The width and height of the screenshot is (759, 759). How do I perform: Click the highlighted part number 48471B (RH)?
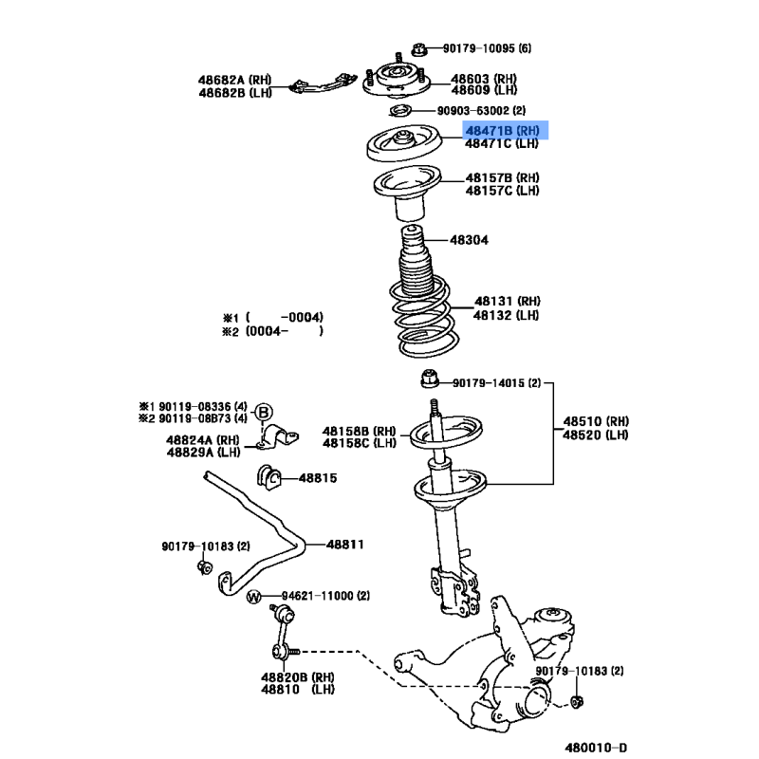(x=503, y=131)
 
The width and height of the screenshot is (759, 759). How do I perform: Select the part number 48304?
(x=469, y=240)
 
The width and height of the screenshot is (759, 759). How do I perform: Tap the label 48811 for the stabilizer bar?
(x=345, y=545)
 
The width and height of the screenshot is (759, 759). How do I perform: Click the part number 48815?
(x=318, y=478)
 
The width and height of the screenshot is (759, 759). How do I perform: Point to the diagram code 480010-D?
(x=596, y=748)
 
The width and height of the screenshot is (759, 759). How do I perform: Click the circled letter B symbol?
(x=264, y=413)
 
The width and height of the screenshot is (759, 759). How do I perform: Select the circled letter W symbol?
(x=254, y=597)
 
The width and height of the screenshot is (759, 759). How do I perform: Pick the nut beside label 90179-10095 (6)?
(x=419, y=49)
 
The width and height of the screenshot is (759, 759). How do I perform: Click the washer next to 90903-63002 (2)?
(x=400, y=111)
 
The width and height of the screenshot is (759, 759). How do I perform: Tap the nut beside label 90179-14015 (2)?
(x=430, y=379)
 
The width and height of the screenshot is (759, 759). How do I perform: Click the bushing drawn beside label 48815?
(x=269, y=478)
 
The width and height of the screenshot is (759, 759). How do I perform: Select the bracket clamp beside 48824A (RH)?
(x=278, y=437)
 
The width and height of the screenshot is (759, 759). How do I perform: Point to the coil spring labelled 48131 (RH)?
(x=424, y=317)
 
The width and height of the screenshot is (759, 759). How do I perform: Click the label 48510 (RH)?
(x=596, y=421)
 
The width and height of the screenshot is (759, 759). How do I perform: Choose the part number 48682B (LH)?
(x=235, y=93)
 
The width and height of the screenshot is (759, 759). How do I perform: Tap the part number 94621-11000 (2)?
(x=325, y=596)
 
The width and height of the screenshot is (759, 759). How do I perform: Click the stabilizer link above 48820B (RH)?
(x=284, y=632)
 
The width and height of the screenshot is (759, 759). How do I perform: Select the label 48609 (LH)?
(x=484, y=90)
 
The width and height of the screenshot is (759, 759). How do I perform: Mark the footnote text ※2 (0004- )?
(x=272, y=331)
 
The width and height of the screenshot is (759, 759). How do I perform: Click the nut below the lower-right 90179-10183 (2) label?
(x=577, y=701)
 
